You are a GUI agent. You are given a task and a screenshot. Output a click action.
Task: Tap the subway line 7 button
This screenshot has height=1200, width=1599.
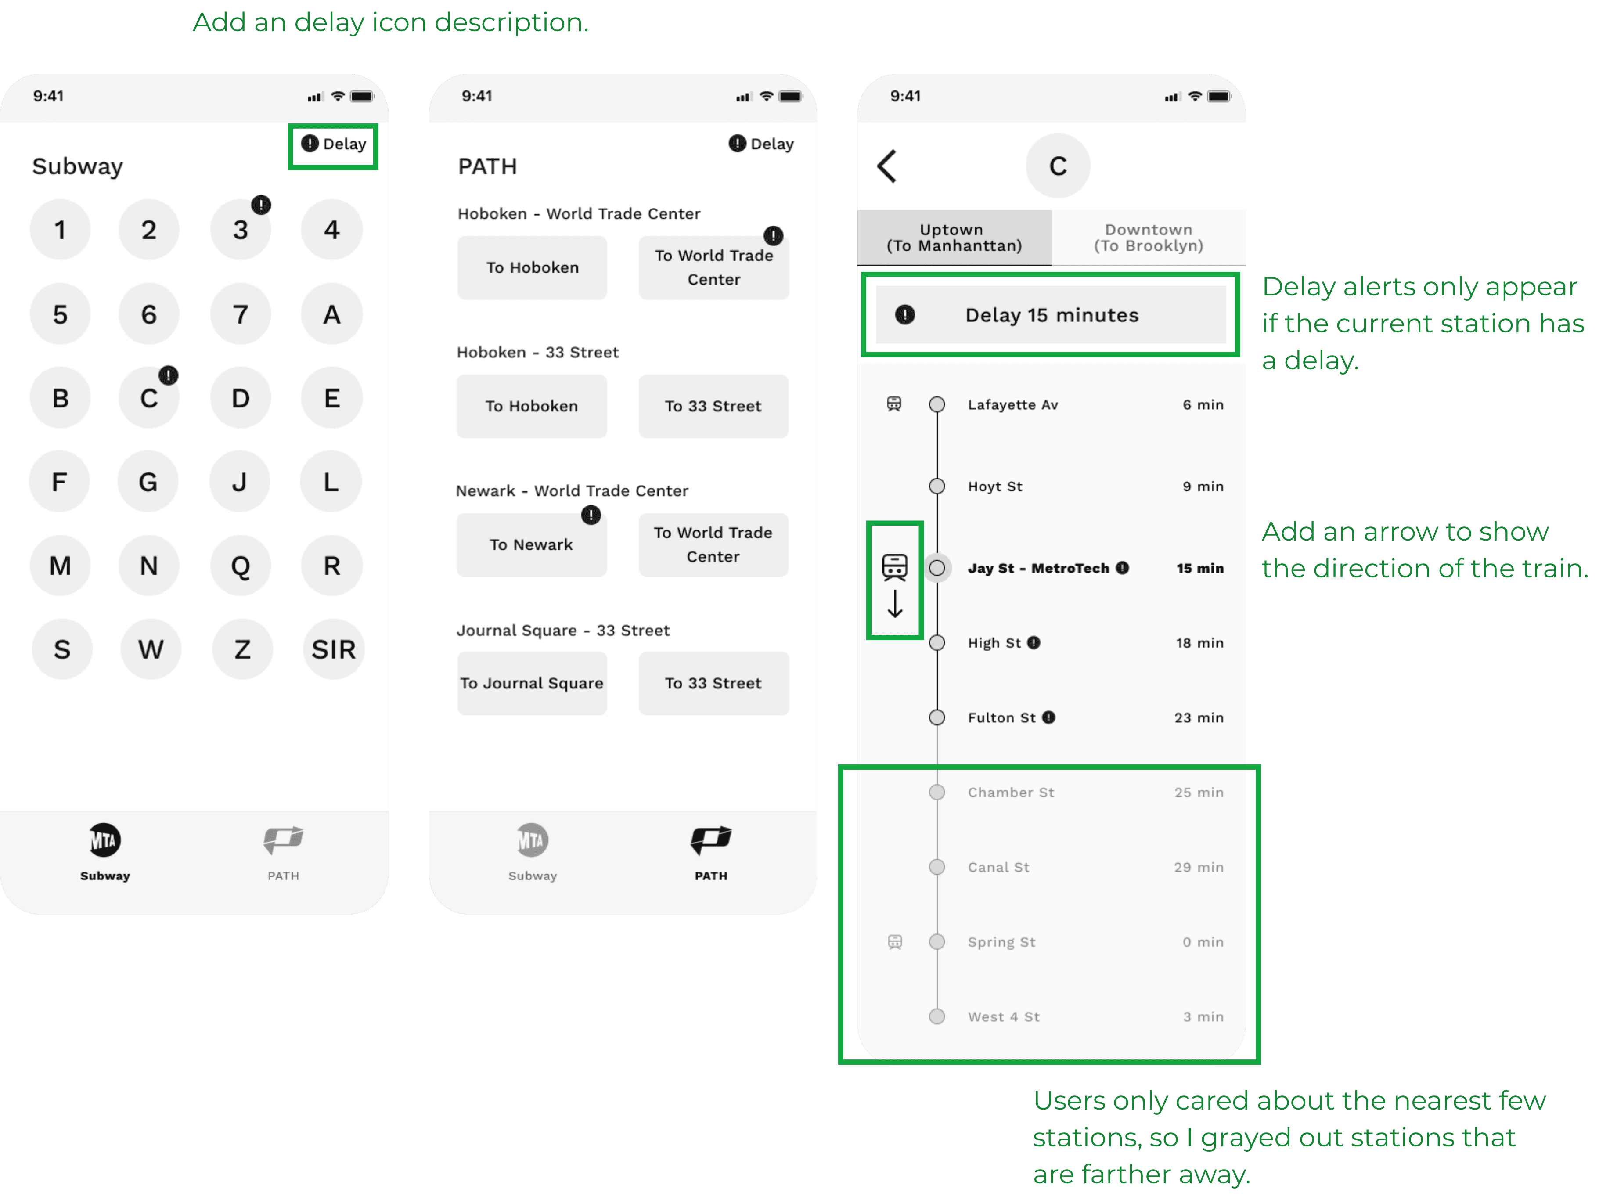point(241,314)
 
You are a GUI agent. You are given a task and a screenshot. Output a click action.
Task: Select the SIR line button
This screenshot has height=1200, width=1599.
point(333,649)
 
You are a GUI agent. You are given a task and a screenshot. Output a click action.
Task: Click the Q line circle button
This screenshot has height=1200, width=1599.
point(241,565)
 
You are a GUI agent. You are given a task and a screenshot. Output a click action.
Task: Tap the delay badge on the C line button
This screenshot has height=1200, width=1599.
point(169,375)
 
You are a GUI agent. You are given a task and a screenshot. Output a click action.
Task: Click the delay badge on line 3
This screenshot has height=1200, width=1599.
point(261,205)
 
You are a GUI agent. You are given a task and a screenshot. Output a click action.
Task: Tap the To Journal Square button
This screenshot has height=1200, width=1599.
point(532,683)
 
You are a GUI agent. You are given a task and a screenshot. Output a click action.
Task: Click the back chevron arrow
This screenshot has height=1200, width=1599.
point(887,166)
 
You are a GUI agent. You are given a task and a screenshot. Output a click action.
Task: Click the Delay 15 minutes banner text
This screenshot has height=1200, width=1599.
point(1052,315)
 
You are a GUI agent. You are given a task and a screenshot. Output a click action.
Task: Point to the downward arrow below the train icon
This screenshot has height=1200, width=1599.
point(895,604)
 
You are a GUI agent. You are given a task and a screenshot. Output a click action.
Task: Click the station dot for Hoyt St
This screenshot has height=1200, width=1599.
point(937,486)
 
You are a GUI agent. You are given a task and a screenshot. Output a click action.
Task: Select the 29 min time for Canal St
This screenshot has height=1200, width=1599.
point(1199,867)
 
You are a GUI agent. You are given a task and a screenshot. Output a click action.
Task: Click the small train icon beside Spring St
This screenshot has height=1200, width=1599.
point(895,942)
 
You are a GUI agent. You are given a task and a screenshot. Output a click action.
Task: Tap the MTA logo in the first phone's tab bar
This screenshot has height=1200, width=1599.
point(105,840)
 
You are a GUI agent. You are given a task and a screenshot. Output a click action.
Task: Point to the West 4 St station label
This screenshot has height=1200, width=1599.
point(1003,1016)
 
